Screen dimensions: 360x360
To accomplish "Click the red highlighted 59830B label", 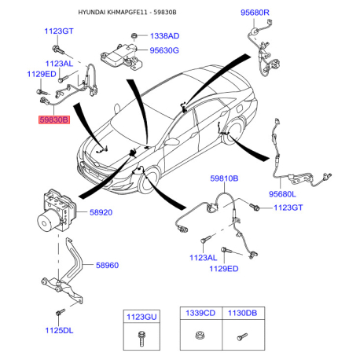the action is pos(54,120).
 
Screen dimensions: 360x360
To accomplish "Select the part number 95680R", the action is pos(255,13).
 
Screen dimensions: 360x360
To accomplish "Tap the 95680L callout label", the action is pos(282,194).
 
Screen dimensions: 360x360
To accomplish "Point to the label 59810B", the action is pos(224,178).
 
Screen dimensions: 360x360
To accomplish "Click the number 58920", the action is pos(101,212).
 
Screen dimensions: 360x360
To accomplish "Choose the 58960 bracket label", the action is pos(107,265).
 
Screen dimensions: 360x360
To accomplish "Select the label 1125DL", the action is pos(59,330).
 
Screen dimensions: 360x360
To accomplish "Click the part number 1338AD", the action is pos(164,36).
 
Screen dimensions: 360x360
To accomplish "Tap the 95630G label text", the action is pos(164,50).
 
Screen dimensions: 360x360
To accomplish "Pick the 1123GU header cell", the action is pos(141,317).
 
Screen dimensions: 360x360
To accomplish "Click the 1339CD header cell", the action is pos(200,313).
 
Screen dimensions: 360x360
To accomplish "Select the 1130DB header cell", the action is pos(243,313).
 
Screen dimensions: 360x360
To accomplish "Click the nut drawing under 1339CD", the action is pos(200,335).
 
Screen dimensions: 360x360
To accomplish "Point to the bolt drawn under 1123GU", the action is pos(141,339).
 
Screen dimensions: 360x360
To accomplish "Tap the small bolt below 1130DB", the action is pos(242,336).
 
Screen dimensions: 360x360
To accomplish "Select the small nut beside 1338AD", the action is pos(134,35).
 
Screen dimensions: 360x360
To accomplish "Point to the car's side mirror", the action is pos(171,141).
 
